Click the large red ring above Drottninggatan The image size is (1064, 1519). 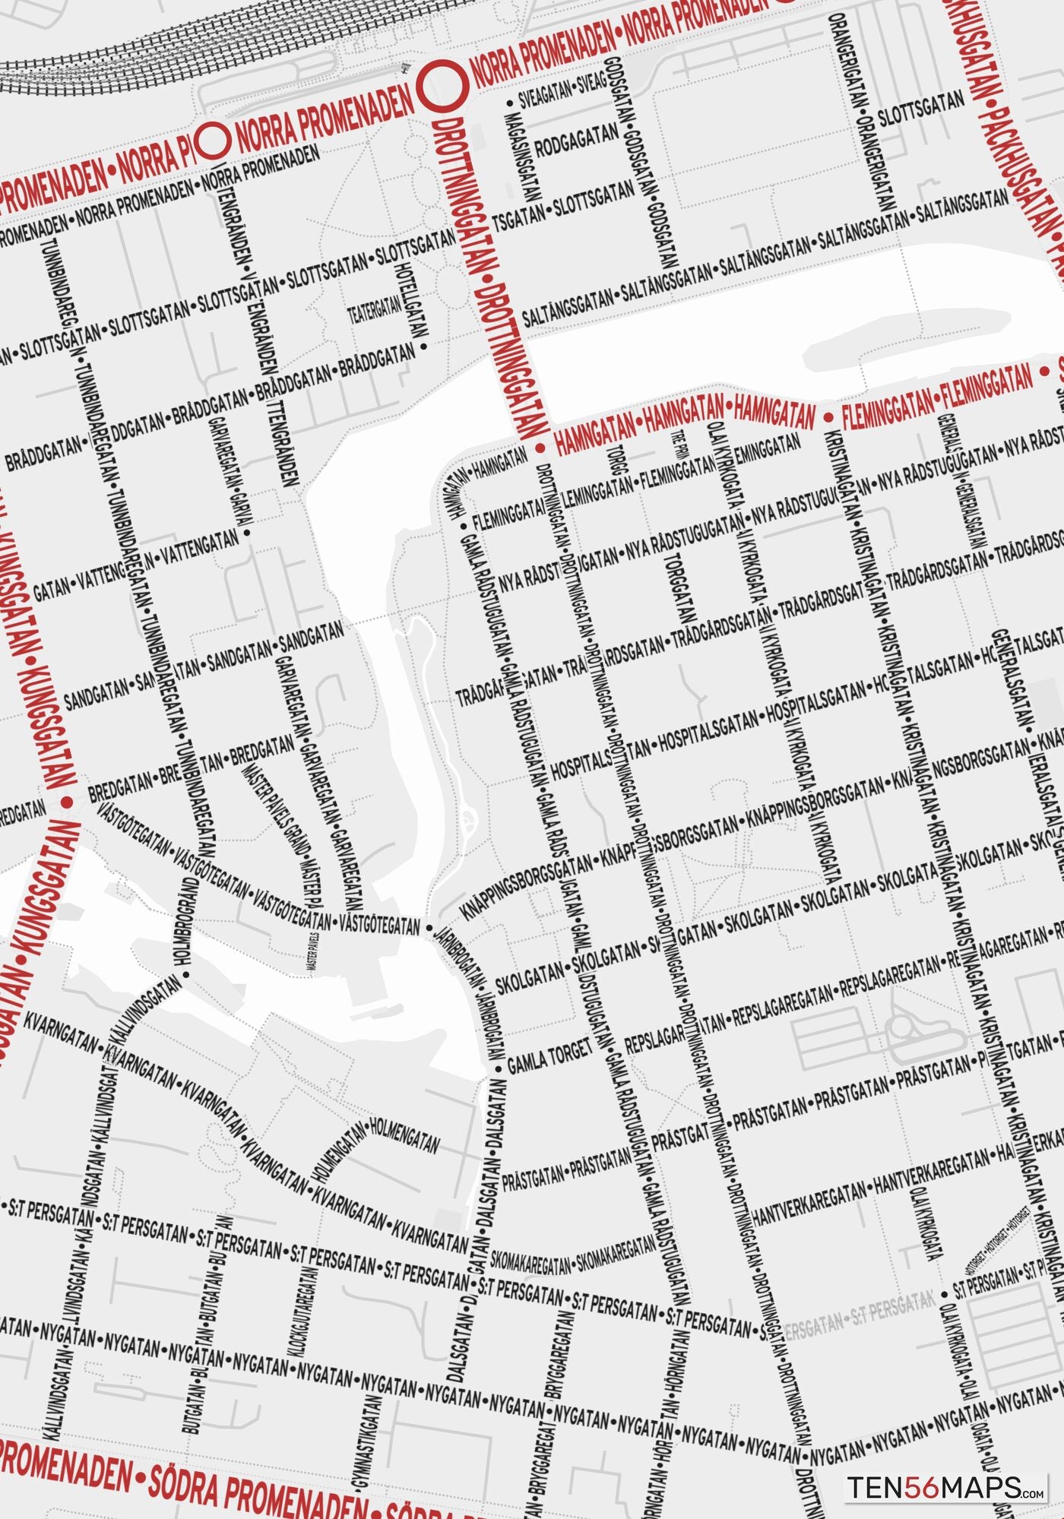(445, 84)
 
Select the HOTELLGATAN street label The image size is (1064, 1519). (410, 300)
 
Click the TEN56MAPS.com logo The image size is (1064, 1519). (947, 1486)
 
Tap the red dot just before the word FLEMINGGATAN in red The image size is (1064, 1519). (829, 417)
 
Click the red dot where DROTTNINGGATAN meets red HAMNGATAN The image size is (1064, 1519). (540, 448)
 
